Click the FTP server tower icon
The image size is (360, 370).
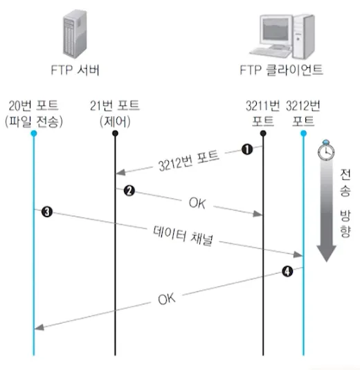point(75,33)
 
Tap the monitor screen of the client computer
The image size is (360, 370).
point(276,29)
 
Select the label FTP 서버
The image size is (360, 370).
point(75,70)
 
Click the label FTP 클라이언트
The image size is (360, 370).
point(281,70)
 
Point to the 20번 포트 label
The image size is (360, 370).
point(34,105)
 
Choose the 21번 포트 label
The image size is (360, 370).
point(115,105)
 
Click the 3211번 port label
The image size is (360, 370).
point(263,113)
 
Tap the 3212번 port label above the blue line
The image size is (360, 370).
point(303,113)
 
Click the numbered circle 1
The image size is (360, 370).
point(247,149)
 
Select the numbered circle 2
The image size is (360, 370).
point(129,191)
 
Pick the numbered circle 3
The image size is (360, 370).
point(47,212)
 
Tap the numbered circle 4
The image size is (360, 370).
point(287,271)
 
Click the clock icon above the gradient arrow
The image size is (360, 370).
point(326,150)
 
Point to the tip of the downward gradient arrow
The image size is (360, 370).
point(327,261)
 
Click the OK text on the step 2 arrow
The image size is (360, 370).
point(197,203)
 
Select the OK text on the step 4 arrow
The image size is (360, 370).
point(167,299)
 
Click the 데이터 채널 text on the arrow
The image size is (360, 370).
point(183,236)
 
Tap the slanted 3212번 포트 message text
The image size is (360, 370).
point(188,160)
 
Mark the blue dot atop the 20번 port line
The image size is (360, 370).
point(34,133)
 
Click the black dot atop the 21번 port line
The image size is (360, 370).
point(115,133)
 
